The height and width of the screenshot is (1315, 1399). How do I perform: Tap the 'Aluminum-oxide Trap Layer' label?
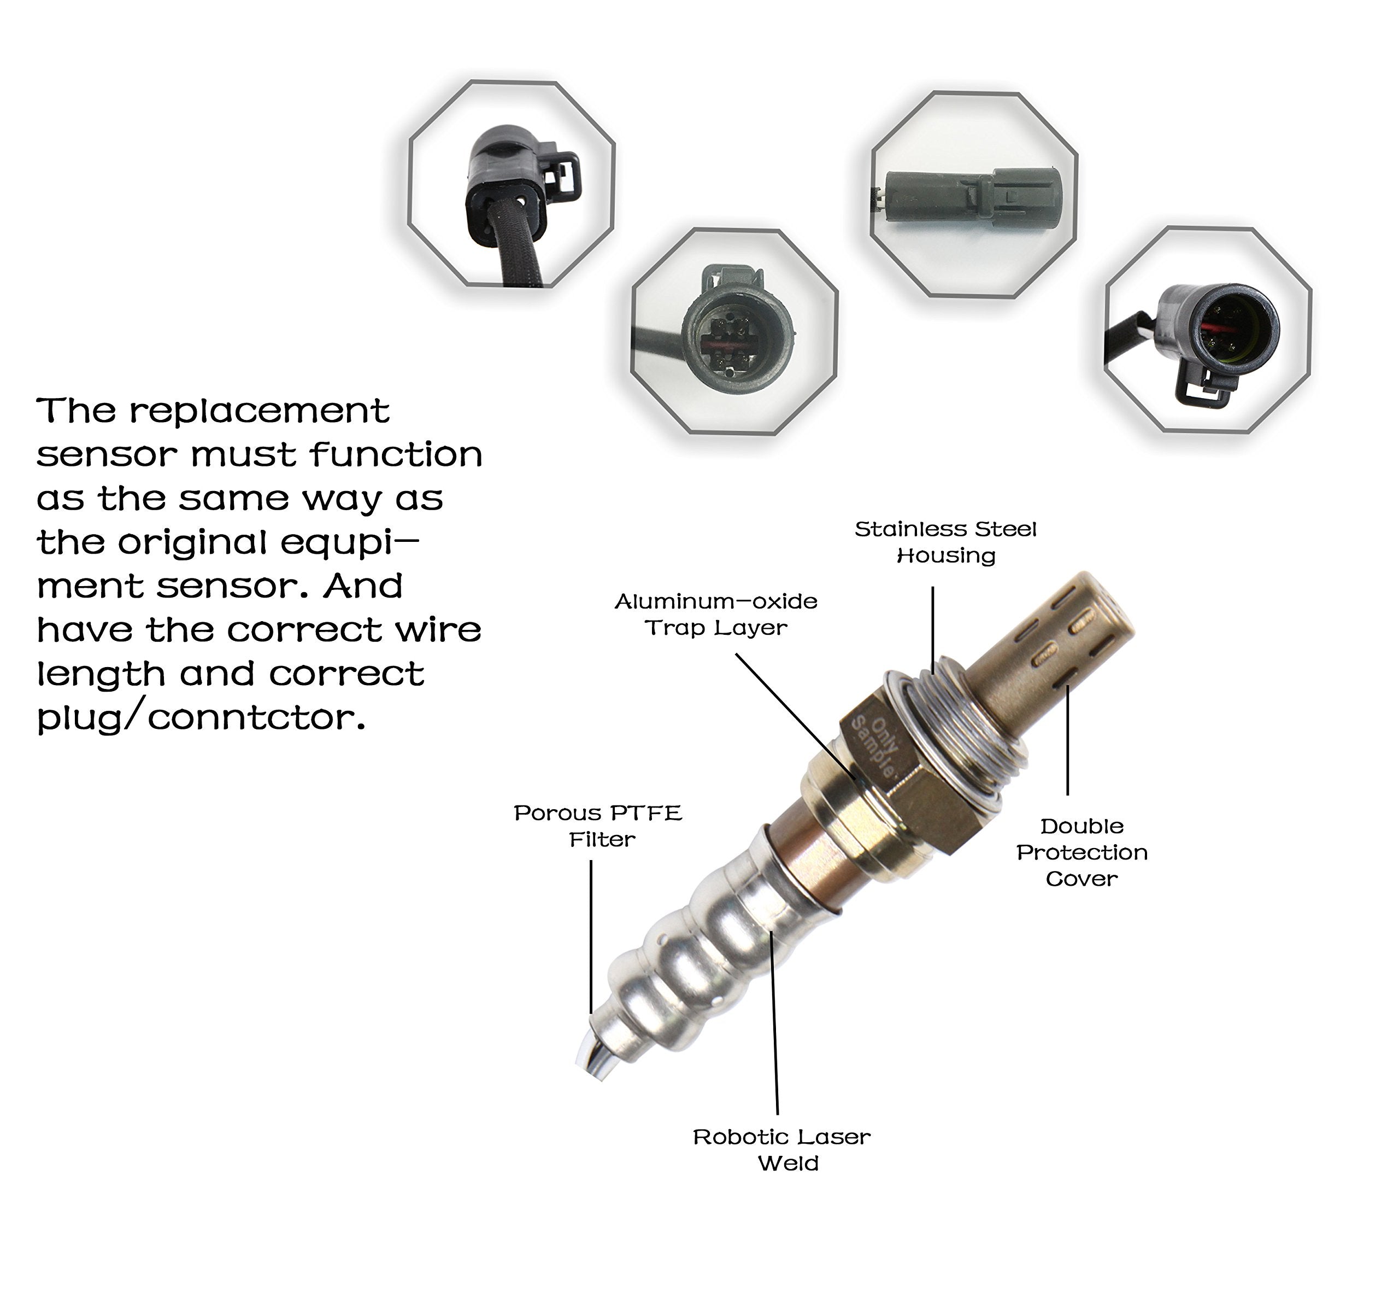[x=716, y=614]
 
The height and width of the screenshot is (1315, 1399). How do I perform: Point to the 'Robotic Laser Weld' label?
[x=782, y=1149]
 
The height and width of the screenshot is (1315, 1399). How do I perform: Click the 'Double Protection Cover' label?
[x=1081, y=852]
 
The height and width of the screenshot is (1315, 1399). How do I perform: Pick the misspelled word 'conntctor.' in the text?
[x=257, y=718]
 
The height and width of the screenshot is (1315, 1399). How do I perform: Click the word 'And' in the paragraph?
[x=362, y=586]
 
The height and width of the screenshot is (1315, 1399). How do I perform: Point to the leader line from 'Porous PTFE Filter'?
[x=591, y=936]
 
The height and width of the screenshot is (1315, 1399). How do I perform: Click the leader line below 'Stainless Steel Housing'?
[x=933, y=627]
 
